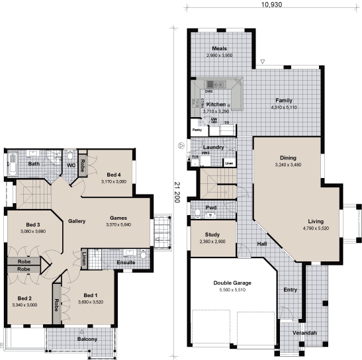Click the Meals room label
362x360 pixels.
pos(220,49)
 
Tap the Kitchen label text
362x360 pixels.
pos(216,105)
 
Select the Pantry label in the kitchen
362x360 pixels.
pos(197,130)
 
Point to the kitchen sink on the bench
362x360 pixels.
pos(216,84)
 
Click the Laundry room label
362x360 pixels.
pos(213,147)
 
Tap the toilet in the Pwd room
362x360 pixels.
pos(197,213)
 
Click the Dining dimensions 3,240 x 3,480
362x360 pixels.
pos(288,165)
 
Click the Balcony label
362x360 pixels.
pos(87,339)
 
